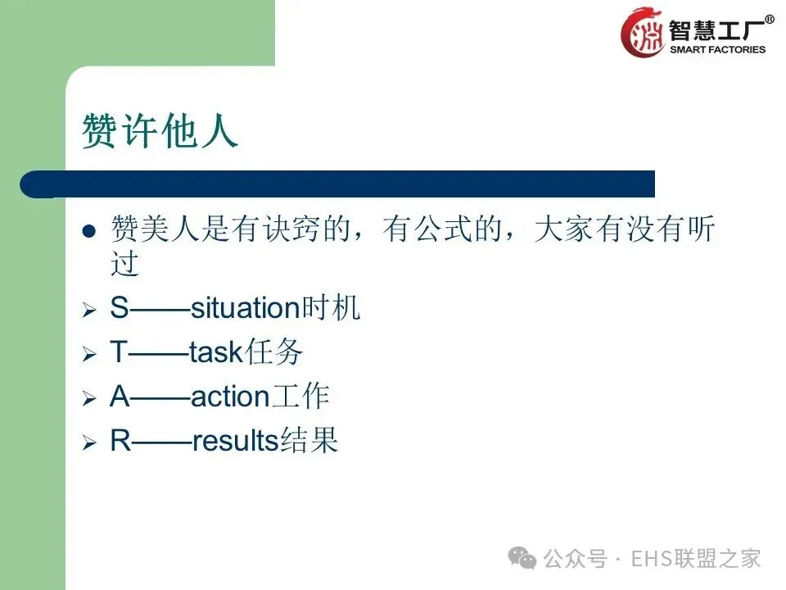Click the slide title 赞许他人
tap(160, 131)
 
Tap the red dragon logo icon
tap(642, 33)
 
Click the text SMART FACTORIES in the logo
tap(717, 50)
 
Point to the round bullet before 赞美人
tap(89, 231)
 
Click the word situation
tap(245, 307)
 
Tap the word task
tap(216, 352)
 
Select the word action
tap(231, 397)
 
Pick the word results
tap(236, 441)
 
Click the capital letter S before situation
tap(120, 307)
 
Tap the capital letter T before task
tap(119, 352)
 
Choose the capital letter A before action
tap(120, 396)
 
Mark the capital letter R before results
tap(121, 440)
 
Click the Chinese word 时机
tap(330, 307)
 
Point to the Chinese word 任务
tap(273, 352)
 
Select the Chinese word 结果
tap(309, 440)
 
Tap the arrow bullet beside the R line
tap(89, 442)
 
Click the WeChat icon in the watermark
tap(522, 558)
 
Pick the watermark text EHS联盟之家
tap(696, 559)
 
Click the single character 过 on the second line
tap(124, 263)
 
